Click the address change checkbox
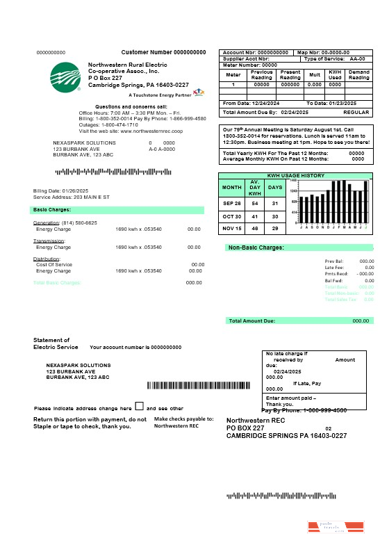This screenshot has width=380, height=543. pos(139,406)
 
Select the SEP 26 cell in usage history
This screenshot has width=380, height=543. pos(231,204)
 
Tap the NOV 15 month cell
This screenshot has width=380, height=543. pos(231,228)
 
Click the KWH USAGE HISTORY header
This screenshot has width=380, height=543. pos(296,175)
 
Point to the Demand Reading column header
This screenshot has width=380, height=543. pos(358,74)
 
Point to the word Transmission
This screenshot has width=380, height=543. pos(49,241)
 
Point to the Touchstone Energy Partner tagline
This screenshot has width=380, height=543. pos(159,94)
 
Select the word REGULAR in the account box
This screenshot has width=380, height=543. pos(356,112)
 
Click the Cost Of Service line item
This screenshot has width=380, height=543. pos(54,264)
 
